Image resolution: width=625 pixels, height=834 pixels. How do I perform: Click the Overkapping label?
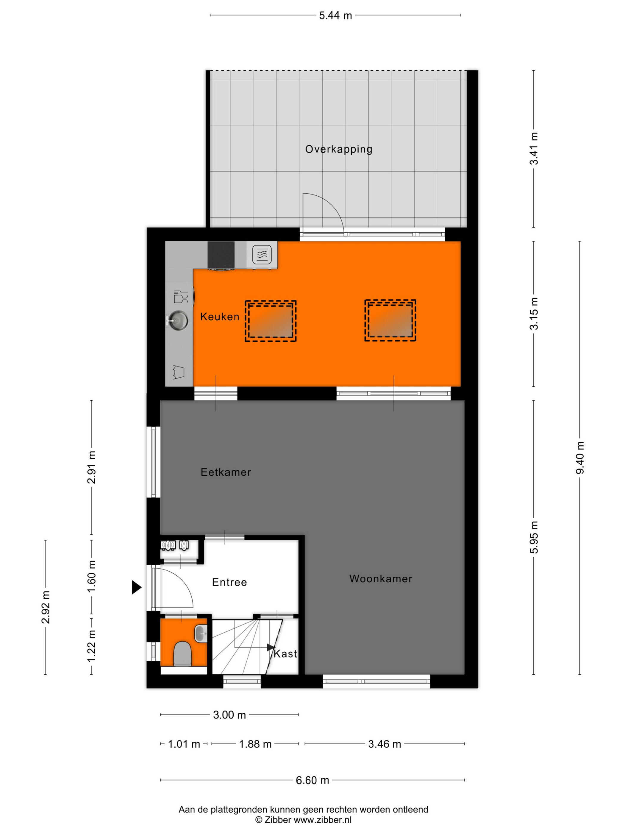pos(338,149)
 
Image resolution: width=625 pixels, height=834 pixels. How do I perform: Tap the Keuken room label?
pos(220,316)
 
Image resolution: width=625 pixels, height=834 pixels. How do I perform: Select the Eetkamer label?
pos(226,472)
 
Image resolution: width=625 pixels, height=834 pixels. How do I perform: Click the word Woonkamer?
pos(380,578)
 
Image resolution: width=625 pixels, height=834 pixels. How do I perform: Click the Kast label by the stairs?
pos(285,653)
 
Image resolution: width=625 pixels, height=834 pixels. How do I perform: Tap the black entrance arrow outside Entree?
pos(136,587)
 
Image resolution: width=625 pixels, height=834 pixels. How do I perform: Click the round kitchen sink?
pos(178,321)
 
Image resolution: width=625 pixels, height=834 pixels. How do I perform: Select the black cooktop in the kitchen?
pos(221,255)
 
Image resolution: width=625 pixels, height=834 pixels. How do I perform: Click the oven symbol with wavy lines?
pos(262,255)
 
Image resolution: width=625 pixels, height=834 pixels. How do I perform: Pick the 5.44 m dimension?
pos(335,15)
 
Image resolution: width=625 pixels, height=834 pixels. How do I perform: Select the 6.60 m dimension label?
pos(312,780)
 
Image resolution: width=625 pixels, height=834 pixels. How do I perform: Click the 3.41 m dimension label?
pos(534,149)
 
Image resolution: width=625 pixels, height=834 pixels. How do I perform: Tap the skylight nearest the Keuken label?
pos(271,321)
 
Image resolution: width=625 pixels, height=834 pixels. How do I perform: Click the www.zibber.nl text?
pos(323,820)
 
